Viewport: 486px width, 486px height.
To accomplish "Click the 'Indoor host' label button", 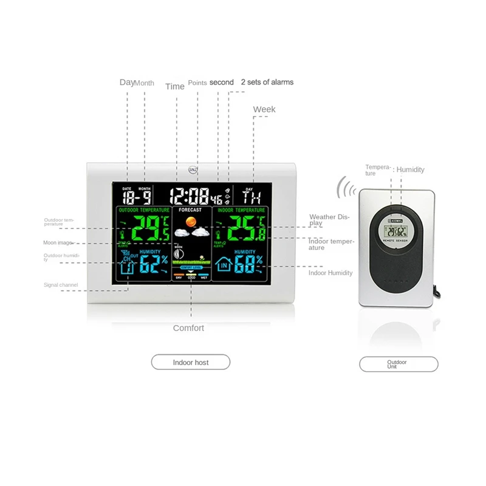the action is tap(190, 363).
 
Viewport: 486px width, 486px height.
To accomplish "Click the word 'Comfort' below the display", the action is tap(188, 328).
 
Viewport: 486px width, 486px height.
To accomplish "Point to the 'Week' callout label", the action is tap(264, 109).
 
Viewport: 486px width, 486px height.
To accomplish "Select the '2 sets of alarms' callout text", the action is tap(267, 82).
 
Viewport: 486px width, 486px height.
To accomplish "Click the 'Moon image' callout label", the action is tap(57, 243).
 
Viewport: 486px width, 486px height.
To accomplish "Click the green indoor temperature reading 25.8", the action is tap(241, 230).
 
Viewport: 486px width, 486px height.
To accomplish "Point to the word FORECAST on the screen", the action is tap(191, 210).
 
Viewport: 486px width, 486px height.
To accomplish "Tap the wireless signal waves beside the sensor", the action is tap(347, 188).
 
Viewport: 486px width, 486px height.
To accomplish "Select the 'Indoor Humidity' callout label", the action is tap(330, 273).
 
